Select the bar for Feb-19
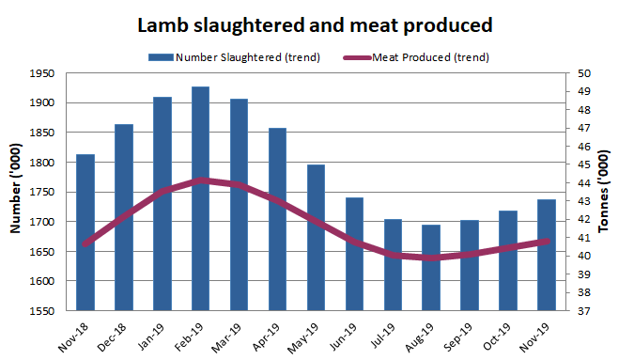click(x=200, y=198)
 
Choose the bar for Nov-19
click(x=547, y=255)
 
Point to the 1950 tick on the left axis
click(x=43, y=73)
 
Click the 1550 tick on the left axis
click(x=43, y=311)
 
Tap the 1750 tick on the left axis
click(x=43, y=192)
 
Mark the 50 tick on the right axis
click(x=583, y=73)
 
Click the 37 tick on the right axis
click(x=583, y=311)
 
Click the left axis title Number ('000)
click(x=16, y=192)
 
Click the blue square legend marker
click(x=166, y=57)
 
